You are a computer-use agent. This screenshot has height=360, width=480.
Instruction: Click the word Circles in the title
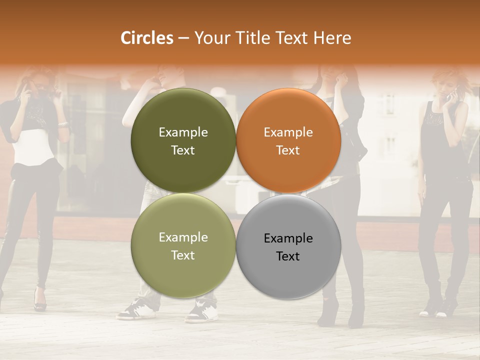[146, 38]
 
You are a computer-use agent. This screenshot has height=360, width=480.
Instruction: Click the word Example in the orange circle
[288, 132]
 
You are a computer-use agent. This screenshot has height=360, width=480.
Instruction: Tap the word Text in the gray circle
[287, 256]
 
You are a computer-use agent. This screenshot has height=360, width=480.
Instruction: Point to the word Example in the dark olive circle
[183, 132]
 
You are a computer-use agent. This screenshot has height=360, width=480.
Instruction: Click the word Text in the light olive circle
[183, 255]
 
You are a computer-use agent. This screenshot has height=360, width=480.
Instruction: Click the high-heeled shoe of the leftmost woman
[40, 300]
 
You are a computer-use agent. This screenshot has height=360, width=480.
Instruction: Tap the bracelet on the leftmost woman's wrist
[62, 124]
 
